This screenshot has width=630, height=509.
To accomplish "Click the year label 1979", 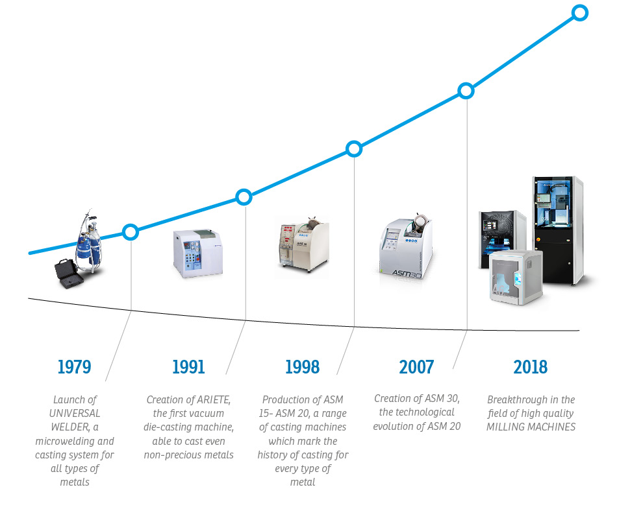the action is [x=74, y=367].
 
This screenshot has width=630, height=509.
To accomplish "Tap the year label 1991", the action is [x=188, y=367].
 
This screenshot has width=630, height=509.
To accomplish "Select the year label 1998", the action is [x=303, y=367].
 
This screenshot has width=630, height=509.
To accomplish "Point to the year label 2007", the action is [x=417, y=367].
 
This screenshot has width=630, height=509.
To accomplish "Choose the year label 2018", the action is [x=531, y=367].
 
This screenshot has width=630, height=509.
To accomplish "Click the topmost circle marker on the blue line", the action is [x=580, y=13].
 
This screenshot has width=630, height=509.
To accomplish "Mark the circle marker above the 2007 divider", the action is [x=466, y=91].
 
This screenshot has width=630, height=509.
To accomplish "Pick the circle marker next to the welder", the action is [x=131, y=232].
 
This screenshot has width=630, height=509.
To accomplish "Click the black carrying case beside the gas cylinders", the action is [x=69, y=274].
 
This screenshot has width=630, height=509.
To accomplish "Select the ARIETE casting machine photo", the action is [x=197, y=254].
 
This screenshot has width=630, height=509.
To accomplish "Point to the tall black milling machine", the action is [x=559, y=231].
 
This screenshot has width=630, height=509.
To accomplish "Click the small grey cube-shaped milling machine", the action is [x=516, y=277].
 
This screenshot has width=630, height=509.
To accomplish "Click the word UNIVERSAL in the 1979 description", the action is [x=75, y=413].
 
